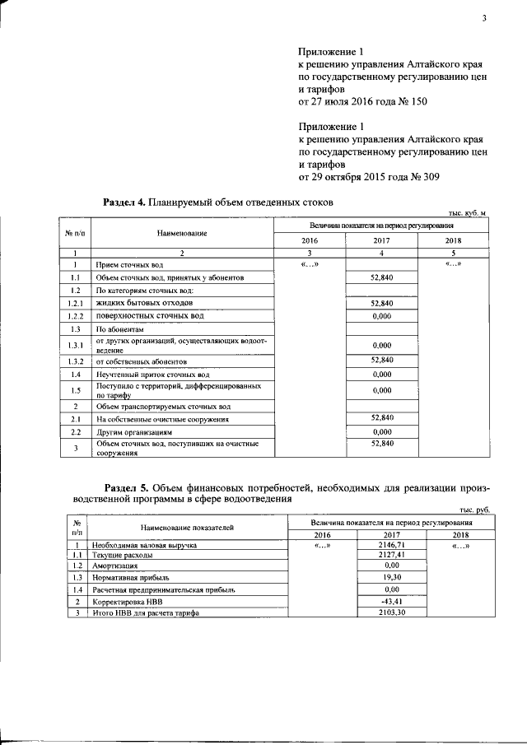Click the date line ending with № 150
(362, 102)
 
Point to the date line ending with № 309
(362, 176)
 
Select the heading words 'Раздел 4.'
(124, 202)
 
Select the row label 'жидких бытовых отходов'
(138, 304)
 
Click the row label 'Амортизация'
(115, 566)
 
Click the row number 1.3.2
(75, 361)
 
